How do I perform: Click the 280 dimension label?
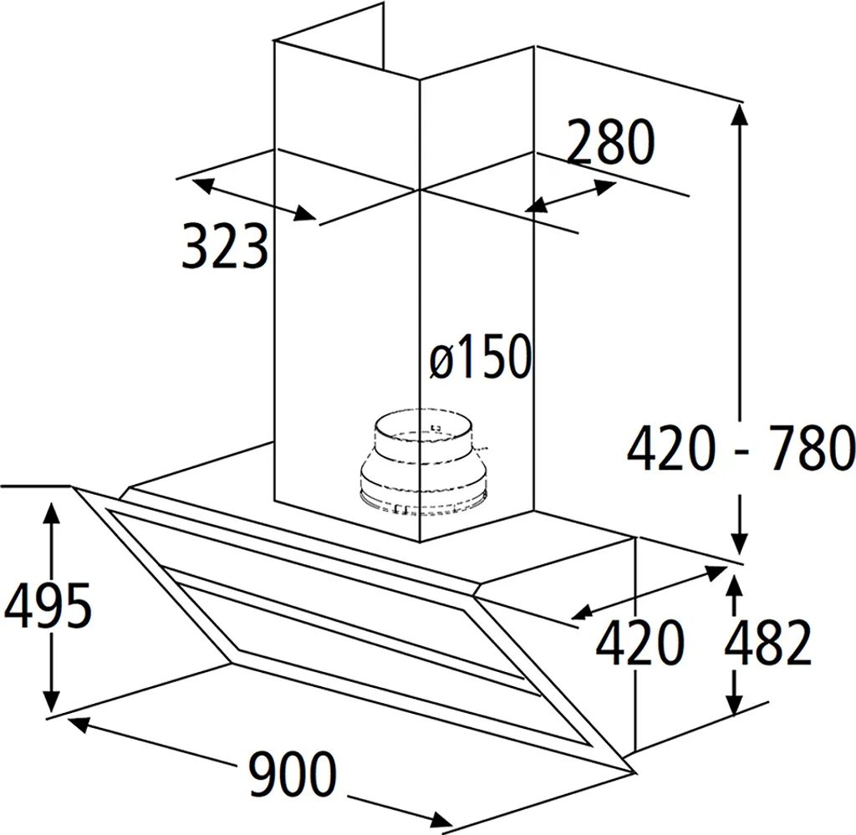click(x=610, y=142)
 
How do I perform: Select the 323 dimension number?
click(x=225, y=246)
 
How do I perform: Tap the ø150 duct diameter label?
click(x=481, y=356)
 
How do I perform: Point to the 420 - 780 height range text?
click(x=741, y=449)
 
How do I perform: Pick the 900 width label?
click(x=292, y=773)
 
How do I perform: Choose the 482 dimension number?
click(x=767, y=642)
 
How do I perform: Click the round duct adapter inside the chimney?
click(x=423, y=463)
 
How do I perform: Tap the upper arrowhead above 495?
click(x=52, y=514)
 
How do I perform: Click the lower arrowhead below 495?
click(x=52, y=701)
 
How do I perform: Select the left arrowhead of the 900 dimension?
click(x=78, y=724)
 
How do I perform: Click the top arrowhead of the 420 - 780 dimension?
click(x=740, y=115)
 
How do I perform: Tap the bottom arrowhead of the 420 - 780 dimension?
click(x=740, y=544)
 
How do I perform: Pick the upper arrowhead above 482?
click(x=736, y=588)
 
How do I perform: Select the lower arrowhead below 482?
click(x=736, y=701)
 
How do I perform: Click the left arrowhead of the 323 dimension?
click(x=202, y=185)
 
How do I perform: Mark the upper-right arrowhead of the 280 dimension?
click(x=605, y=186)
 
